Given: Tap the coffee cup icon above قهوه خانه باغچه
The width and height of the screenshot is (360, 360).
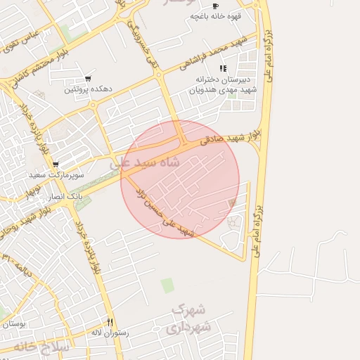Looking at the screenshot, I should tap(215, 6).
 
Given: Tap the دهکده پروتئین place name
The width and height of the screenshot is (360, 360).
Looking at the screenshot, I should tap(88, 89).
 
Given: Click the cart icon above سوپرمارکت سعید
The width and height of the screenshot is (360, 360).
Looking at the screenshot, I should tap(56, 164).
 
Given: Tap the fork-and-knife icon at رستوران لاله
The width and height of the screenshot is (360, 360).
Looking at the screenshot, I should tap(110, 321).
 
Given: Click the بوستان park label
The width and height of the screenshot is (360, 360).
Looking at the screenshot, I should tap(13, 324).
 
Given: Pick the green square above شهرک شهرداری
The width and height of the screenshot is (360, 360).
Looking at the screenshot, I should tap(167, 285).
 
